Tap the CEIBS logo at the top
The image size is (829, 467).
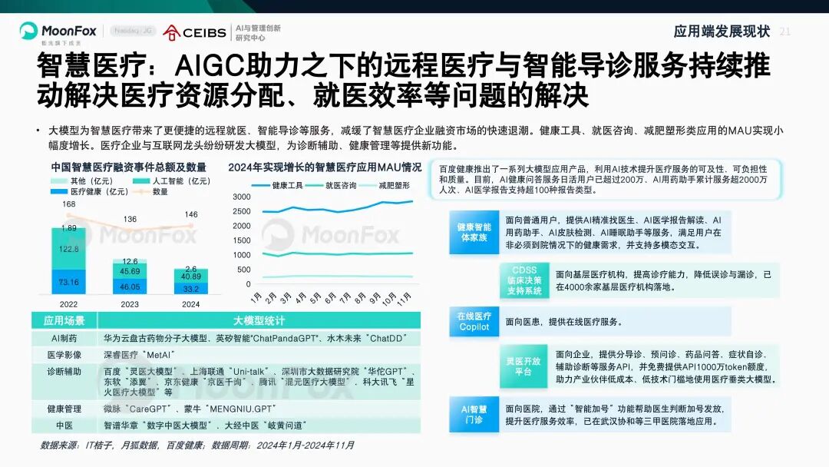pos(195,31)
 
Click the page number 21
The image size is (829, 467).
pos(784,31)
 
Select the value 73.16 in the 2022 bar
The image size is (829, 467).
pos(69,282)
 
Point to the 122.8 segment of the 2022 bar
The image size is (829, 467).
pos(69,249)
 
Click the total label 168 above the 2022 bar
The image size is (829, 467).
pos(69,204)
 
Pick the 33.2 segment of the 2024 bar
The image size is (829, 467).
pos(191,289)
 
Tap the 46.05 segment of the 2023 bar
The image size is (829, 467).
pos(130,286)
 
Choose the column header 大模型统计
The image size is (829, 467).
pos(258,320)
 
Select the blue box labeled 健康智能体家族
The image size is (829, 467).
pos(474,232)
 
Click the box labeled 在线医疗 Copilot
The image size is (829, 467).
pos(474,321)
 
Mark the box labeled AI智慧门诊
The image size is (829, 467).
pos(474,415)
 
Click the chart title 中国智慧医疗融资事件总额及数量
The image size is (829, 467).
pos(129,167)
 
